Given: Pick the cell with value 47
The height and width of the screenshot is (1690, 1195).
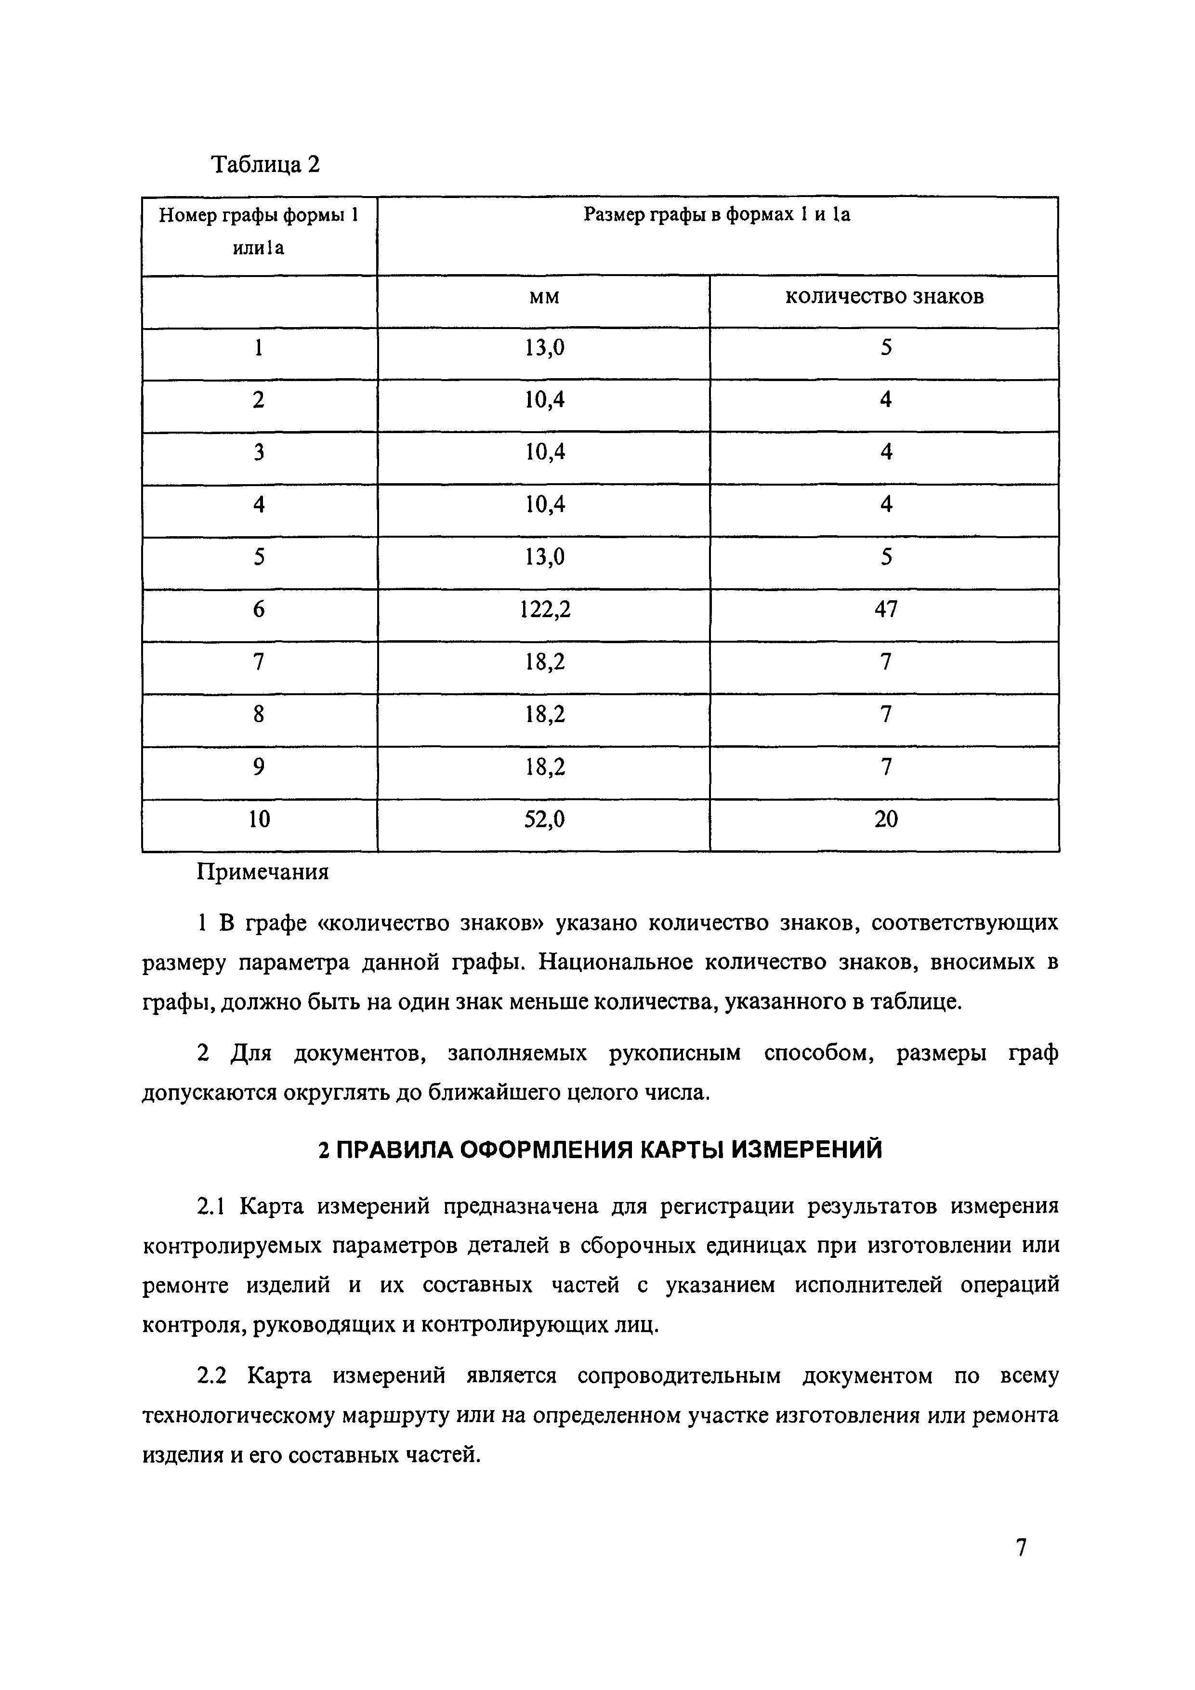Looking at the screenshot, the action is pos(885,609).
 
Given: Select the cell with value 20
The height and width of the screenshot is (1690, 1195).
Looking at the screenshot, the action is pos(885,819).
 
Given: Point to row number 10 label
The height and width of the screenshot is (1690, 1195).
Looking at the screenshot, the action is pos(259,819).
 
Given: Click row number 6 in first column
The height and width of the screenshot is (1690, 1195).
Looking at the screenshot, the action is pos(259,609).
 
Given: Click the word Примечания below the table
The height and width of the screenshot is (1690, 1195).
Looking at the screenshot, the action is pos(262,872).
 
